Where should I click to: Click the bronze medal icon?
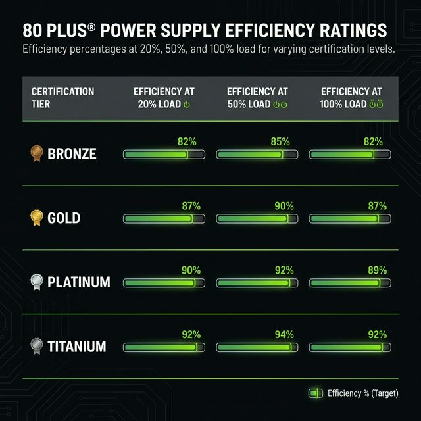[36, 154]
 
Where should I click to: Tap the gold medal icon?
[36, 217]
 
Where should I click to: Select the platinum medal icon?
[36, 282]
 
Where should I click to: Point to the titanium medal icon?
[36, 346]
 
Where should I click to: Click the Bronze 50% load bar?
[257, 155]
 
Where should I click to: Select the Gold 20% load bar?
[164, 218]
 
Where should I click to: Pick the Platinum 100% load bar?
[349, 283]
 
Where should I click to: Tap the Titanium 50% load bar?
[257, 347]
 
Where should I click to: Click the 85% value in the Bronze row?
[280, 141]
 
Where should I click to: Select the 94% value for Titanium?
[284, 334]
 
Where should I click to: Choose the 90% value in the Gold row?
[284, 206]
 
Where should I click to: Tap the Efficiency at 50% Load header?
[257, 97]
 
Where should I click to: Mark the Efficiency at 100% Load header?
[351, 97]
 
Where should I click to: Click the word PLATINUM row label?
[79, 282]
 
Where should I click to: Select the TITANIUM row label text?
[76, 347]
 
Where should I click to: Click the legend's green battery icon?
[316, 393]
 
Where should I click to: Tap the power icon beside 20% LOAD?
[186, 105]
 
